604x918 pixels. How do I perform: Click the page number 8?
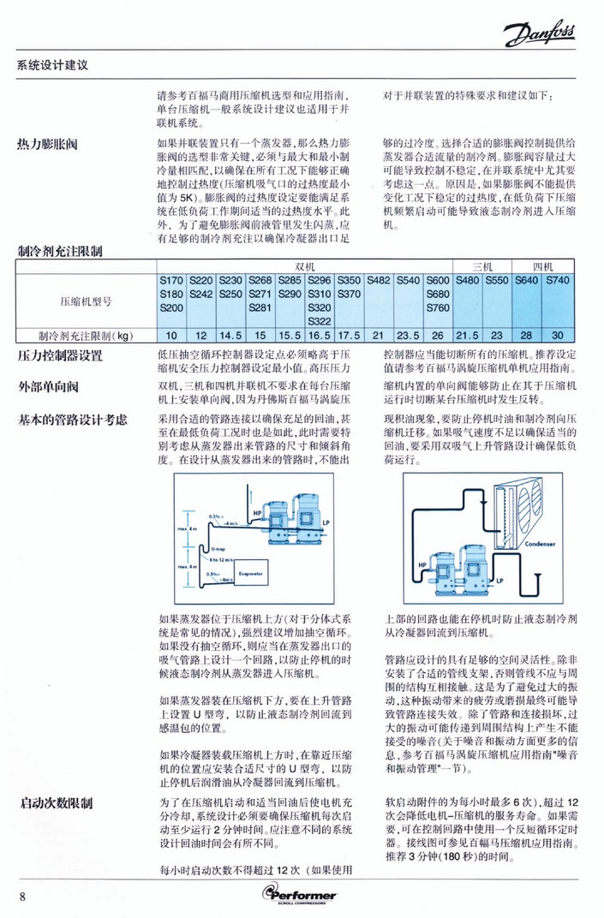pos(23,896)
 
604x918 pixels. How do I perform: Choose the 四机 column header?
pos(542,266)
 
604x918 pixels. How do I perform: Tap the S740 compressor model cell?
pos(558,280)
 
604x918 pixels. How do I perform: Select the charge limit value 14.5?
pos(231,335)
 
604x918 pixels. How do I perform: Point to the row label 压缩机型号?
pos(87,301)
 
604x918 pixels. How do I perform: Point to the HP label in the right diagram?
pos(422,565)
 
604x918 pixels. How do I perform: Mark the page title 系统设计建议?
pos(53,65)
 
